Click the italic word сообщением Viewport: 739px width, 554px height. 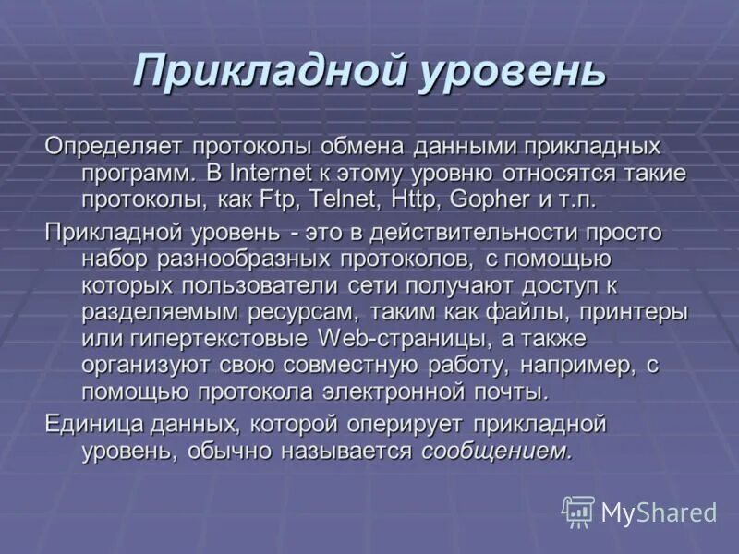coord(497,451)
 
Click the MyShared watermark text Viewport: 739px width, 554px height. coord(658,512)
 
